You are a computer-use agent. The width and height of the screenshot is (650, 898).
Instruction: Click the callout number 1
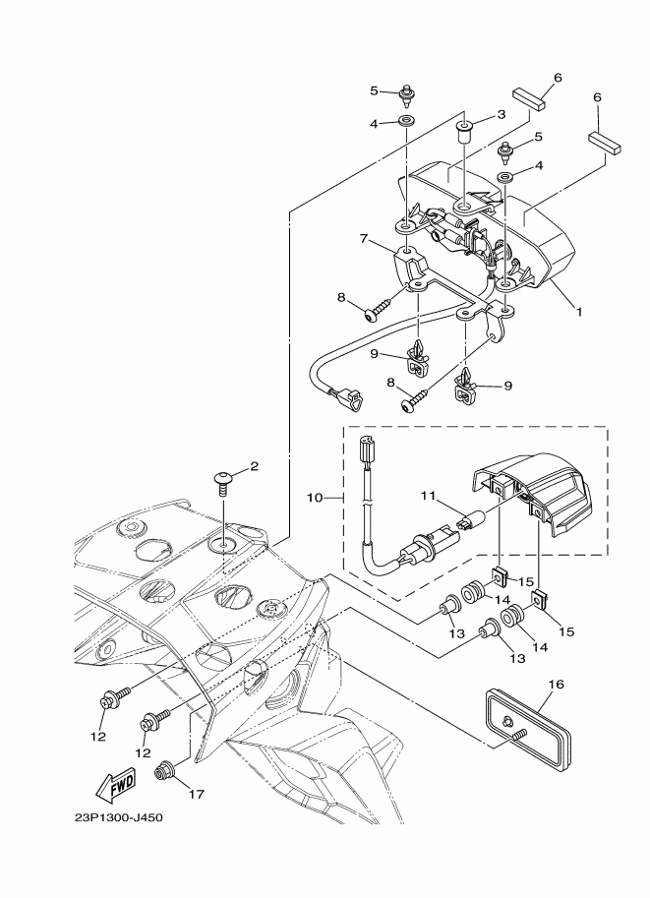click(580, 312)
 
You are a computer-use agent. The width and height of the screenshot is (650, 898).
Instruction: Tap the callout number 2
click(254, 466)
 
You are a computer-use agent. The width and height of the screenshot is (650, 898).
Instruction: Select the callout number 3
click(500, 115)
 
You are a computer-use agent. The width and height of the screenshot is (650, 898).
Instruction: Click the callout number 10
click(316, 498)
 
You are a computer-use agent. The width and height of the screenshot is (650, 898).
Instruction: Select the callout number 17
click(197, 794)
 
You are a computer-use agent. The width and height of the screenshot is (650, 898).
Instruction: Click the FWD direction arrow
click(115, 785)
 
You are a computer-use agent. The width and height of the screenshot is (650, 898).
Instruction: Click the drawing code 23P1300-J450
click(118, 817)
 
